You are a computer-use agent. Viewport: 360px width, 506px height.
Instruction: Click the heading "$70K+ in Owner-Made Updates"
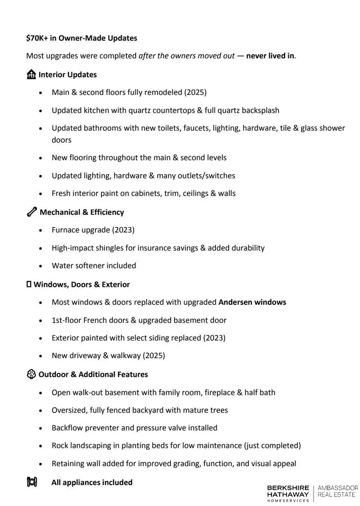(x=82, y=38)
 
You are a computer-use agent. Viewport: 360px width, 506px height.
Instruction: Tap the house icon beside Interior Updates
(x=31, y=75)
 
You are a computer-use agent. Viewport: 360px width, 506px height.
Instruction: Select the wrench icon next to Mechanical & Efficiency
(x=31, y=212)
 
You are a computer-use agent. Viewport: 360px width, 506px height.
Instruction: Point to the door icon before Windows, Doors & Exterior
(x=29, y=284)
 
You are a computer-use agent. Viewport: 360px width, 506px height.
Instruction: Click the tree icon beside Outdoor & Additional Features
(x=31, y=374)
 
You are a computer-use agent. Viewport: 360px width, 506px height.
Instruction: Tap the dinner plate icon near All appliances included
(x=32, y=482)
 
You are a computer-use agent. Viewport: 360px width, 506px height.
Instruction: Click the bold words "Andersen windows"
(x=252, y=302)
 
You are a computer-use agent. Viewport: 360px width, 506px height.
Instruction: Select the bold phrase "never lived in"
(x=270, y=56)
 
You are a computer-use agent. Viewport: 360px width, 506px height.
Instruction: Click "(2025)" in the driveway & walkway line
(x=154, y=355)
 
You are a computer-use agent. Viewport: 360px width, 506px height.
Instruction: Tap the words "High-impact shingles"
(x=87, y=248)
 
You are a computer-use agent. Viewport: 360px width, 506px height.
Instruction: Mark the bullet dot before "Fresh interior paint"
(x=41, y=193)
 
